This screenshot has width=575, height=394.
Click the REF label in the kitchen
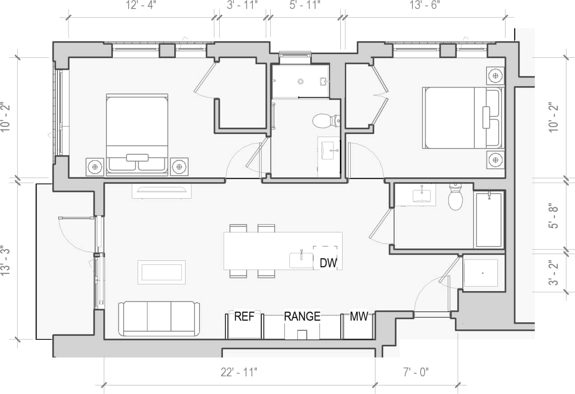point(244,316)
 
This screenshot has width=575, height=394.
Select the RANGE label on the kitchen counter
point(302,316)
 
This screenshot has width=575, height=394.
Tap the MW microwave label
point(359,316)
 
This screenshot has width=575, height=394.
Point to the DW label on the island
point(328,263)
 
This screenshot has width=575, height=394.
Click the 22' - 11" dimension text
point(239,372)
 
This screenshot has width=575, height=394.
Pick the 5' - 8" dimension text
point(553,217)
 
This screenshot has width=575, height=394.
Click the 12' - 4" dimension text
point(141,5)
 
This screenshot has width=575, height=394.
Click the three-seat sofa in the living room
point(159,319)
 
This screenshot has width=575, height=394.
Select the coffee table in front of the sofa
point(162,272)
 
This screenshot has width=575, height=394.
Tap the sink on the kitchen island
point(301,260)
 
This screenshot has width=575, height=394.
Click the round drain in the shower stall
point(301,81)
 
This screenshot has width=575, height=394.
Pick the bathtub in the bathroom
point(489,220)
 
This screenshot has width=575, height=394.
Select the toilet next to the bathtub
point(455,199)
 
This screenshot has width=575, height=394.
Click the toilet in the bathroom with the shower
point(324,121)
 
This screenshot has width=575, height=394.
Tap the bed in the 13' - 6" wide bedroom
point(462,118)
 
